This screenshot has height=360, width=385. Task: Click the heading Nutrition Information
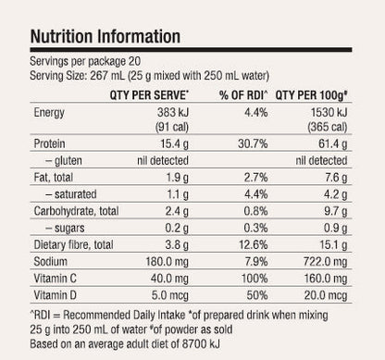coord(106,37)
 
